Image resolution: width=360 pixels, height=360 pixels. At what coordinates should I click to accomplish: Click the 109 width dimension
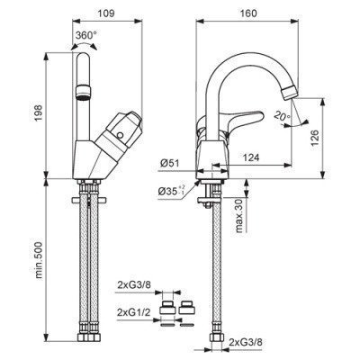point(106,13)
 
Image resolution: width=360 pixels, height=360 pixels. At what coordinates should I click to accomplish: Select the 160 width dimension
point(248,13)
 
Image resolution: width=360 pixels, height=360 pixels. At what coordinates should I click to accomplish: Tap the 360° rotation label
point(86,35)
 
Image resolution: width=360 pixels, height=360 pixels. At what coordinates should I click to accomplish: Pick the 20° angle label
point(282,115)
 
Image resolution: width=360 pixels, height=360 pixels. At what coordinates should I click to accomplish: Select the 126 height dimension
point(315,138)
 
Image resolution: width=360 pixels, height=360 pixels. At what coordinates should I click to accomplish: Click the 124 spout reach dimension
point(250,157)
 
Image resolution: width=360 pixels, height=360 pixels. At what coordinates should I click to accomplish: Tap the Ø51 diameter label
point(169,164)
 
